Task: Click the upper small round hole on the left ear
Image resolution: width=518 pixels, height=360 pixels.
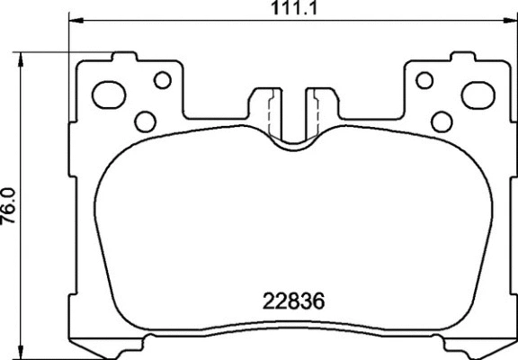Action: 162,80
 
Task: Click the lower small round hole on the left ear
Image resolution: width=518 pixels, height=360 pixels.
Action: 144,121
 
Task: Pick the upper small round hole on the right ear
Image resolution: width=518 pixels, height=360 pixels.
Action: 423,80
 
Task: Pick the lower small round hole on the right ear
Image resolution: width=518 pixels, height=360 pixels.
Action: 441,121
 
